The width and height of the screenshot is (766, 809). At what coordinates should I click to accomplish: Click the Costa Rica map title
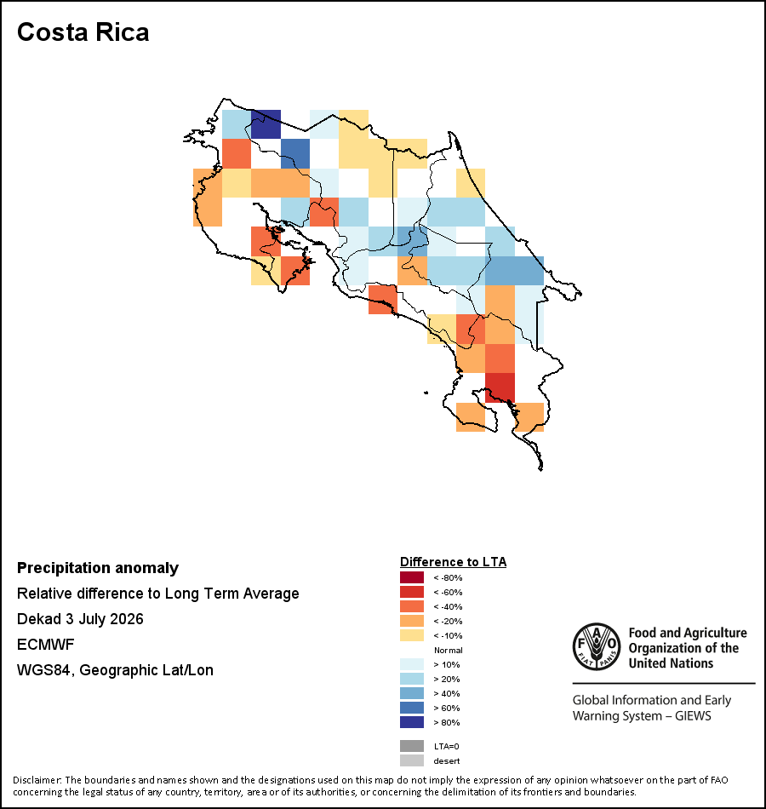(x=83, y=32)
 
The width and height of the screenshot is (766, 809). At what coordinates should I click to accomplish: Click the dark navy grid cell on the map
(x=266, y=124)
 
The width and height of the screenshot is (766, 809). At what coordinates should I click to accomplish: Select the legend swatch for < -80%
(x=412, y=577)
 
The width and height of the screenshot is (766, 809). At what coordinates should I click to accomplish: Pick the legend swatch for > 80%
(x=412, y=722)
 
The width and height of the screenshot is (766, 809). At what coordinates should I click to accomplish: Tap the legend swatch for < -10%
(x=412, y=635)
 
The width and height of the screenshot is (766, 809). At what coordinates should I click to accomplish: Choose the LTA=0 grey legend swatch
(x=412, y=746)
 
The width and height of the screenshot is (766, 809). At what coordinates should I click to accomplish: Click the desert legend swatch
(x=412, y=760)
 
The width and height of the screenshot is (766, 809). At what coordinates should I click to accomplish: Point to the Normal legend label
(x=449, y=650)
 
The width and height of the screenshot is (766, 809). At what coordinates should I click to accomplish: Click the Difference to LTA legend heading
(x=453, y=562)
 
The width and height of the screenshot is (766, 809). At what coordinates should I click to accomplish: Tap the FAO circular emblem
(x=597, y=646)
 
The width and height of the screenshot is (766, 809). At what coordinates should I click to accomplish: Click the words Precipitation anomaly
(x=98, y=568)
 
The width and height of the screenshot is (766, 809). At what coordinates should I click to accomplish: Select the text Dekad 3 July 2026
(x=81, y=619)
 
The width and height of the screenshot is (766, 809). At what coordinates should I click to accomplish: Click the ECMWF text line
(x=46, y=645)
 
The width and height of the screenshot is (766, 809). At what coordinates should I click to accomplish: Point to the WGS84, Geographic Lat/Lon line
(x=115, y=670)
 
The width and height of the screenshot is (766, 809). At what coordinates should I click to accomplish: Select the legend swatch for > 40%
(x=412, y=693)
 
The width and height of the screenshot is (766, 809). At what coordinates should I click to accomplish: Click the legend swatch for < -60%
(x=412, y=592)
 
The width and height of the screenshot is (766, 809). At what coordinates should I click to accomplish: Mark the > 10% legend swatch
(x=412, y=664)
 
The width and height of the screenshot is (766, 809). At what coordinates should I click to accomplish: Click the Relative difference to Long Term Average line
(x=157, y=594)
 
